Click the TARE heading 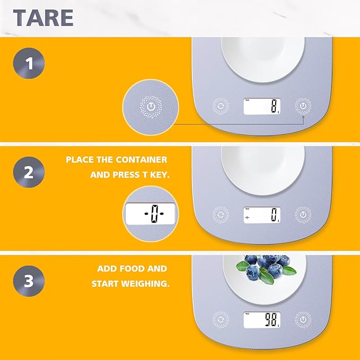tap(43, 18)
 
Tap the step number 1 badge tap(29, 63)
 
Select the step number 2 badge tap(29, 172)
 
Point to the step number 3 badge tap(29, 281)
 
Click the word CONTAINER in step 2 tap(142, 160)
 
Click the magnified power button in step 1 tap(151, 107)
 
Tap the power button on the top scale tap(303, 106)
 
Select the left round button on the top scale tap(221, 106)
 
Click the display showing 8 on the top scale tap(262, 106)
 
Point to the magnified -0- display tap(151, 214)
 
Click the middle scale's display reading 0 tap(262, 215)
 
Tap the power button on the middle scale tap(303, 215)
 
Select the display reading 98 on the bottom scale tap(262, 320)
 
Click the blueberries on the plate tap(266, 269)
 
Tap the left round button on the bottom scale tap(221, 320)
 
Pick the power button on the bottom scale tap(303, 320)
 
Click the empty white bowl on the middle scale tap(263, 170)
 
